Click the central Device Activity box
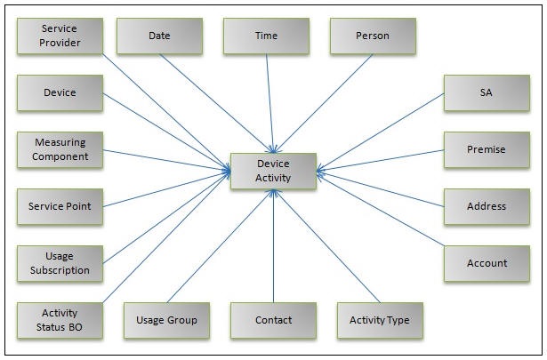click(273, 171)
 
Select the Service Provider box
click(60, 36)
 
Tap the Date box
click(159, 36)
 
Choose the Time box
click(266, 36)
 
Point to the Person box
click(373, 36)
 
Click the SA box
click(487, 92)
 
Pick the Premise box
click(487, 149)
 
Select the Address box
click(487, 206)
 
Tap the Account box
click(487, 263)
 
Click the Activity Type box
click(380, 320)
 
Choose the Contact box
click(273, 320)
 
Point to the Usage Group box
click(166, 320)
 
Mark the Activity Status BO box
click(60, 320)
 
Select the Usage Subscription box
click(60, 263)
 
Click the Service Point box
click(60, 206)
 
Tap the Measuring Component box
click(60, 149)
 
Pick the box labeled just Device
click(60, 92)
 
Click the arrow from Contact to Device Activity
click(273, 249)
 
